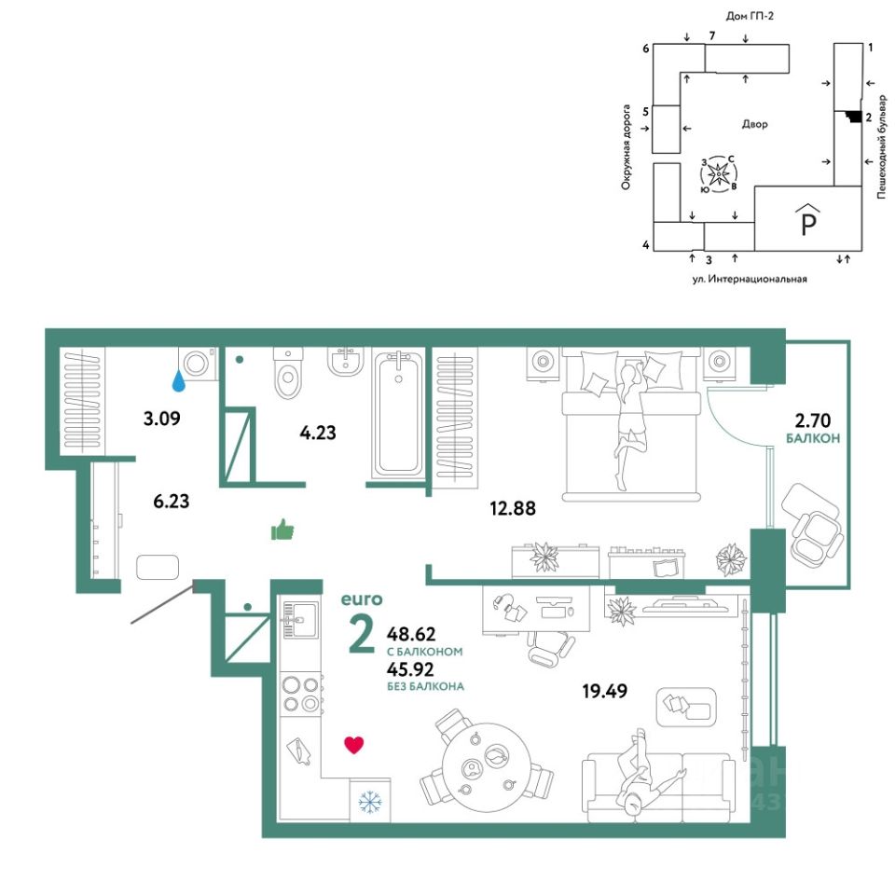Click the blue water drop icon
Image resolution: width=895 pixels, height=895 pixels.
[179, 381]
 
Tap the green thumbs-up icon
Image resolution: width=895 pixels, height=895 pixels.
[282, 530]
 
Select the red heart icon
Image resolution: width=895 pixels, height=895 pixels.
[354, 745]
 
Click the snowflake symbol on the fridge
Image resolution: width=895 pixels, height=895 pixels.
[370, 803]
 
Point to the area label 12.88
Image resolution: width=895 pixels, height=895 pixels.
[513, 508]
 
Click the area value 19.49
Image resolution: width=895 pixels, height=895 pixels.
[604, 691]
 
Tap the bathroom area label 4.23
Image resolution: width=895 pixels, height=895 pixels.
[317, 433]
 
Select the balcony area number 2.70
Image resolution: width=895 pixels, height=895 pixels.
[813, 420]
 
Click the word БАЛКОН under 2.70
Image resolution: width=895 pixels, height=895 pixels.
[813, 438]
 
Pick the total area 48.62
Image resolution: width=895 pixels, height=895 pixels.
[411, 634]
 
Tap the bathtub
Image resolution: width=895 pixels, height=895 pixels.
[398, 416]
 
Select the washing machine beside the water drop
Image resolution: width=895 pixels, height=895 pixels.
[198, 363]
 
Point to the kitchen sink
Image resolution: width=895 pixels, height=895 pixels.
[300, 620]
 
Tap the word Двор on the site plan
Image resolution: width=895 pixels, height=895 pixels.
[754, 124]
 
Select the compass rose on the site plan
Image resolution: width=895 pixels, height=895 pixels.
[719, 172]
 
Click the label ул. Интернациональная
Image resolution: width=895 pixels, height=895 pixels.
[750, 279]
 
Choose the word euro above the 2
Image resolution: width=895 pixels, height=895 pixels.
[362, 599]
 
